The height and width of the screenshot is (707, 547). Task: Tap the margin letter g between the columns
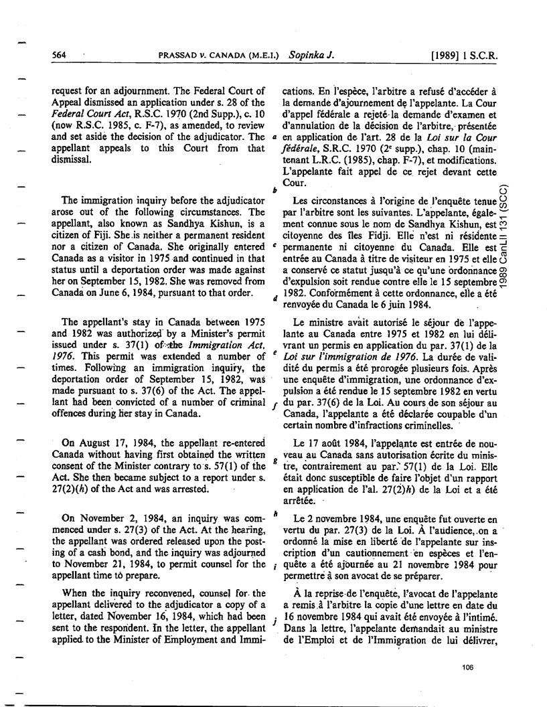tap(275, 461)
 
